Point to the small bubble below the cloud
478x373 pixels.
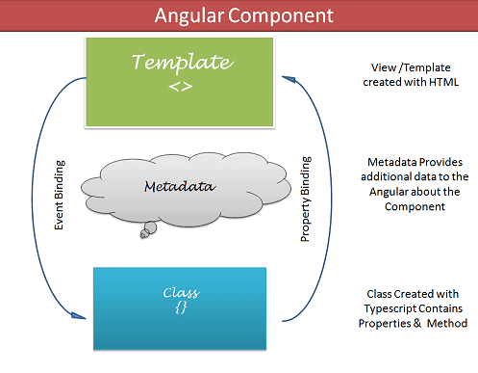pyautogui.click(x=146, y=228)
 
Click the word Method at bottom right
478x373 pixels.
pyautogui.click(x=443, y=324)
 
